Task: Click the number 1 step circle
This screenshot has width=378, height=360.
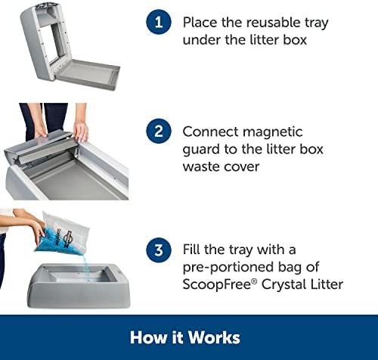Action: (x=159, y=22)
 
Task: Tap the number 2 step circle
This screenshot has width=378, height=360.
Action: (x=159, y=131)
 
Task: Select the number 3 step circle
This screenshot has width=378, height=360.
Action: (x=159, y=250)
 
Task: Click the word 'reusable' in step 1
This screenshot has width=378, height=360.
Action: (x=274, y=23)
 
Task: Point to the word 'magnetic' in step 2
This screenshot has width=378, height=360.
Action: (x=273, y=132)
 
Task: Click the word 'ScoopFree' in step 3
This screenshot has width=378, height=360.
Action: (x=217, y=284)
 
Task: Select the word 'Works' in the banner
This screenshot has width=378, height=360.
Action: (x=214, y=337)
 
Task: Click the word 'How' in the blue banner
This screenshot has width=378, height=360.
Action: (x=148, y=337)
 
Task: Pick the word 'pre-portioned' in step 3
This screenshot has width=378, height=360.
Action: (x=228, y=268)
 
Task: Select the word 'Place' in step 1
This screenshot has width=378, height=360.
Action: (x=200, y=23)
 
